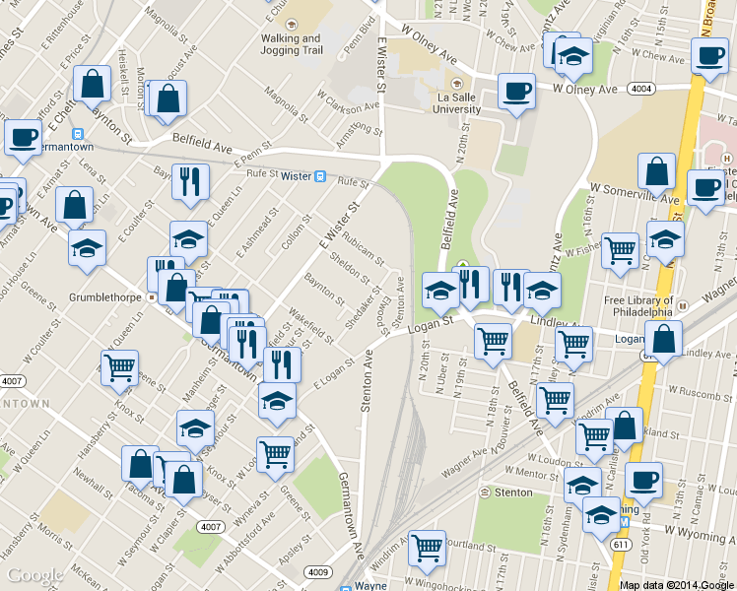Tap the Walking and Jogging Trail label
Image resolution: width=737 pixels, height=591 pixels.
[x=291, y=43]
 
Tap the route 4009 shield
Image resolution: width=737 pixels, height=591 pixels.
[x=317, y=570]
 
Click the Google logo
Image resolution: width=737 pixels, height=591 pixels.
[x=34, y=575]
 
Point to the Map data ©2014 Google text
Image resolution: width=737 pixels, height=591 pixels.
[x=677, y=584]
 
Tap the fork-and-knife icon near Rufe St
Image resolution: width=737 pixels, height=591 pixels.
[x=189, y=180]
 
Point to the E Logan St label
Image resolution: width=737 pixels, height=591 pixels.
[x=333, y=372]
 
